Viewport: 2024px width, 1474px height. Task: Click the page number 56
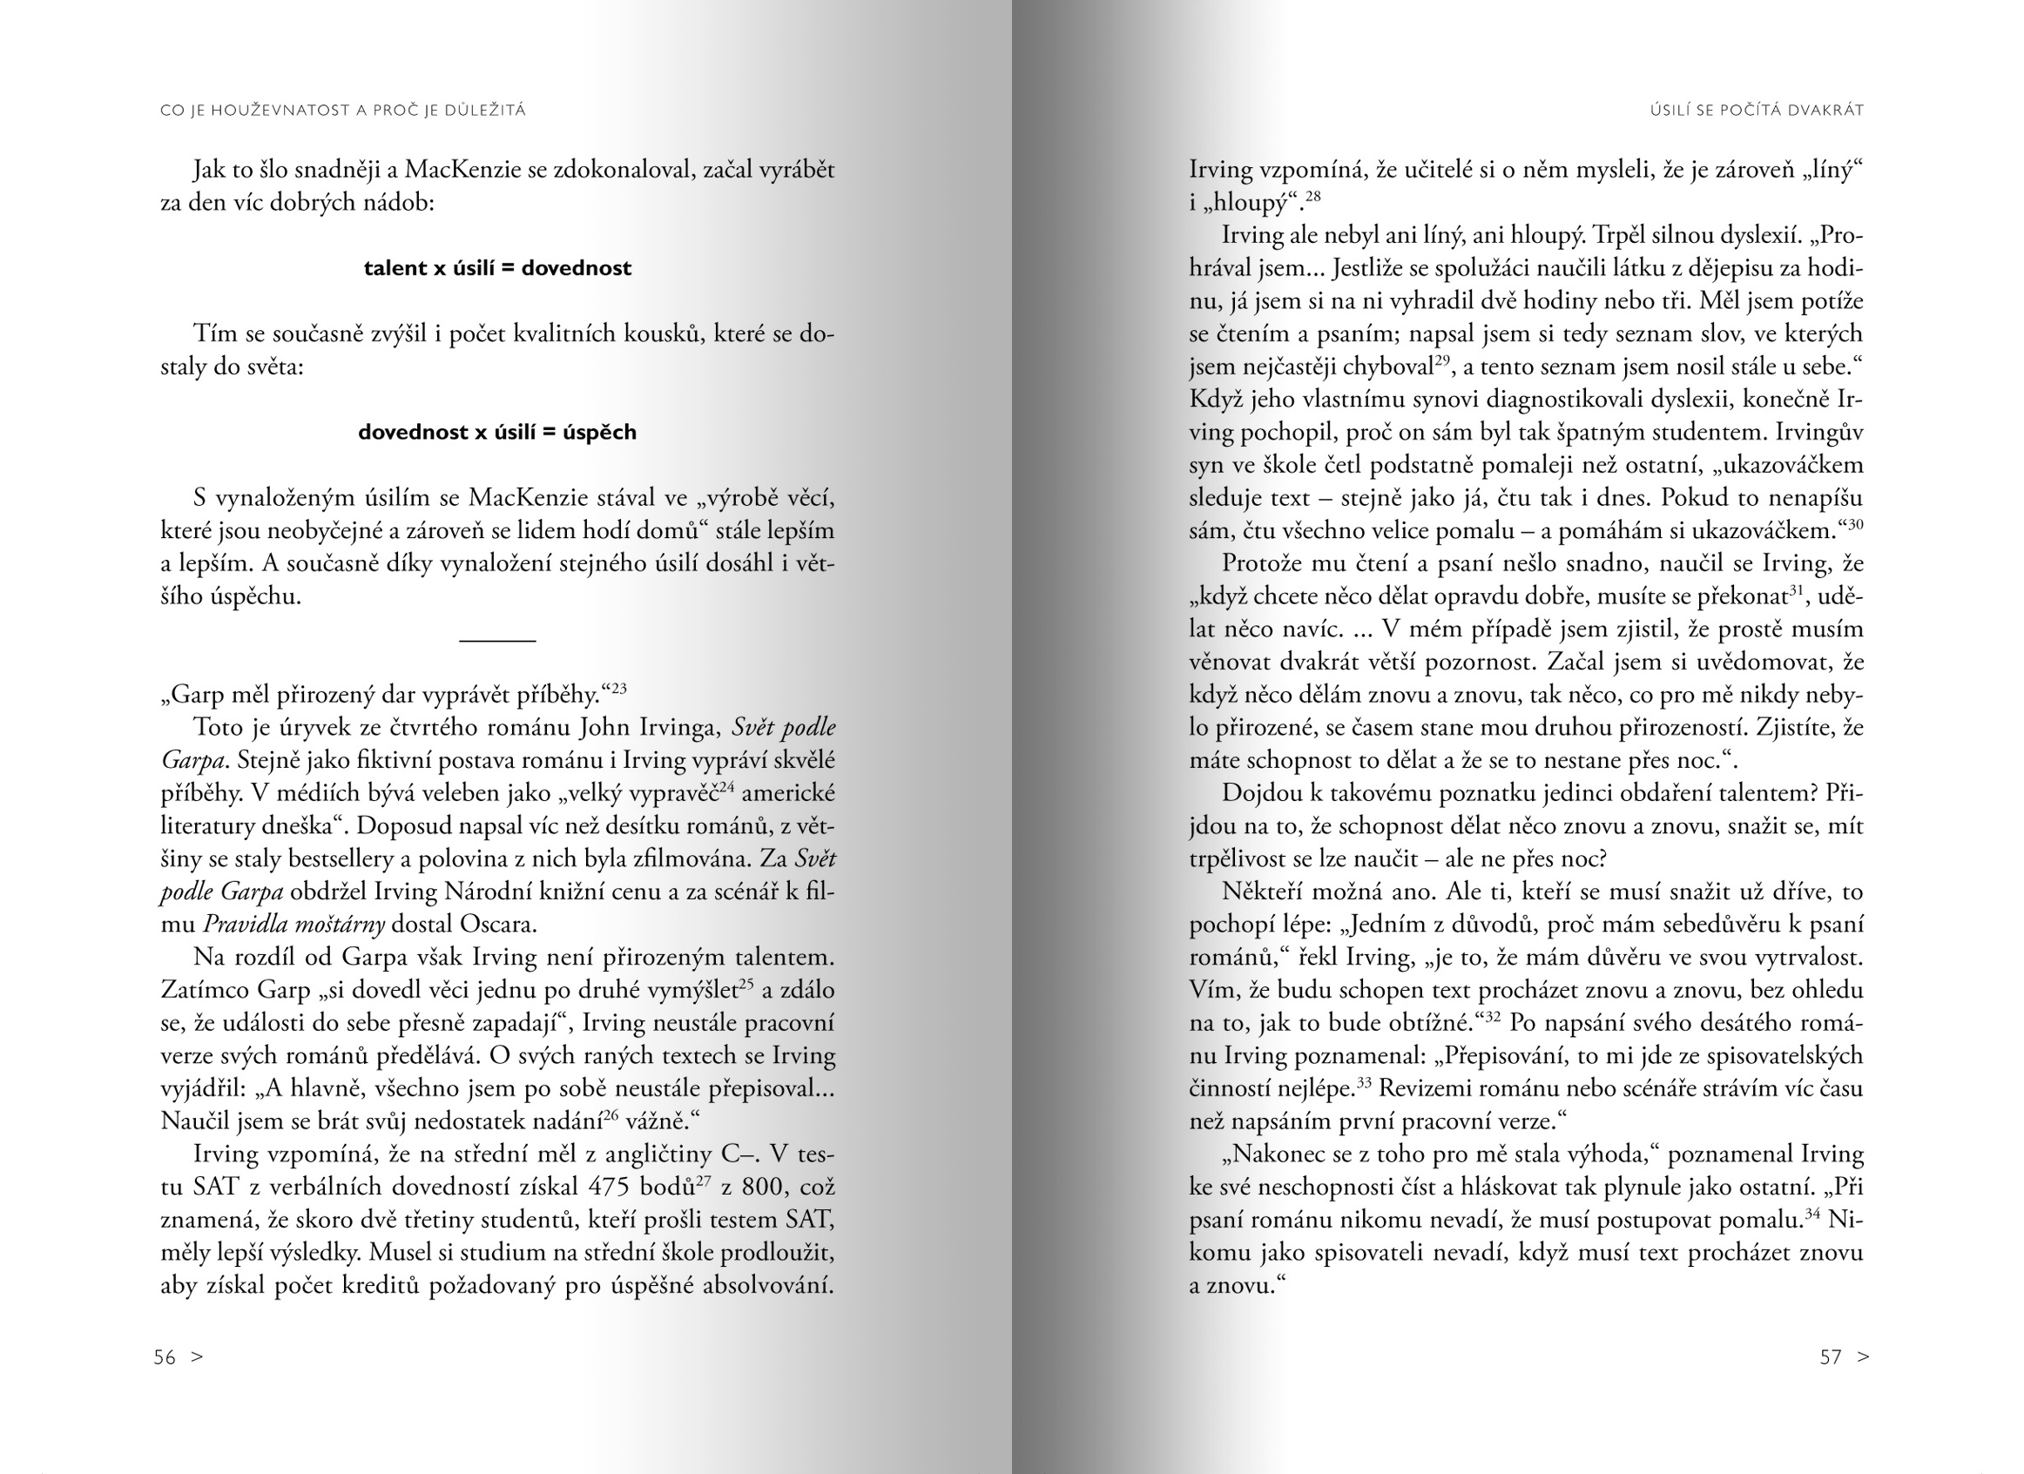[x=165, y=1357]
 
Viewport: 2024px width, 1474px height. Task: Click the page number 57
[x=1831, y=1357]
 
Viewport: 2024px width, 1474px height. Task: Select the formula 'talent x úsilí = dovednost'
[x=497, y=268]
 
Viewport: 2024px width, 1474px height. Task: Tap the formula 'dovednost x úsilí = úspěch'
[x=497, y=433]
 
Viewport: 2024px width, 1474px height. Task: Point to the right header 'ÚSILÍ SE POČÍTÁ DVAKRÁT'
[x=1757, y=111]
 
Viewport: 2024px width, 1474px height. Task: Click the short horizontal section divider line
[x=497, y=641]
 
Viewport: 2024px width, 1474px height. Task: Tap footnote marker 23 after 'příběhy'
[x=619, y=689]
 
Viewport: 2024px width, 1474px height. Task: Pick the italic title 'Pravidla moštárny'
[x=294, y=925]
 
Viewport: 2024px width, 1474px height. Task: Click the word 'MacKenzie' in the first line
[x=462, y=170]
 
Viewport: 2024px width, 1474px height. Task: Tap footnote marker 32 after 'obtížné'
[x=1492, y=1016]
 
